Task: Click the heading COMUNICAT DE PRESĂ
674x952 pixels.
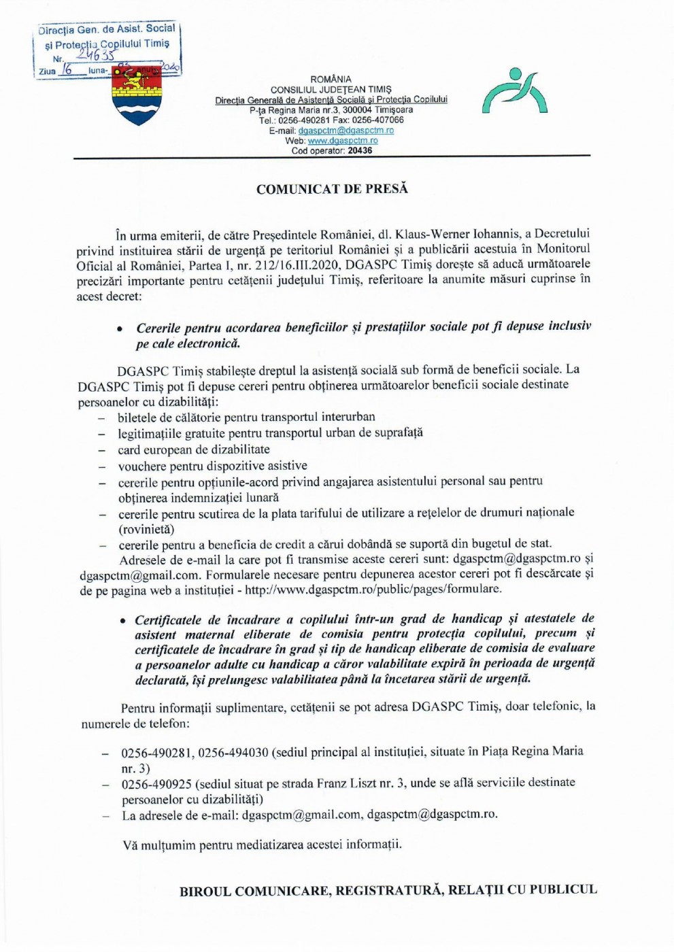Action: (x=332, y=189)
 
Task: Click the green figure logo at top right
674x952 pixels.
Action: (x=514, y=92)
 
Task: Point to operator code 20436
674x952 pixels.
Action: (x=359, y=151)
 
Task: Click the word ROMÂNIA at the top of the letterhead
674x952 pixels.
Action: (x=331, y=80)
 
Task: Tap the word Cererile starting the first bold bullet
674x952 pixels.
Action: (x=161, y=328)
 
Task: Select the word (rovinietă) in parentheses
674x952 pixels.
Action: (x=146, y=529)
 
